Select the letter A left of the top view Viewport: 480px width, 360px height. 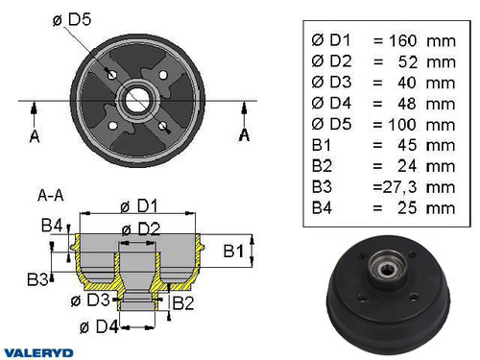pos(35,136)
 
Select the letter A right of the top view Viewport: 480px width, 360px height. pos(244,136)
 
